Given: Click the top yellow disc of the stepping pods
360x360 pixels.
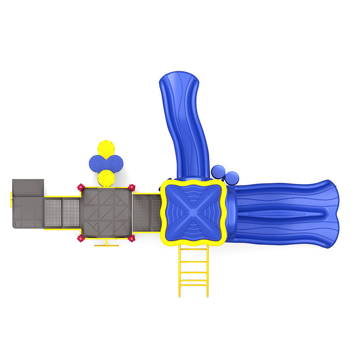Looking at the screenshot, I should coord(106,148).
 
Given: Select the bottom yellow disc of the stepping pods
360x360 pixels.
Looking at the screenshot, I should coord(106,178).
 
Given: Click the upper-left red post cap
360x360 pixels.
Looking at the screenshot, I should coord(81,187).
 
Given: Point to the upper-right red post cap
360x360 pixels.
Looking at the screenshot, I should coord(131,187).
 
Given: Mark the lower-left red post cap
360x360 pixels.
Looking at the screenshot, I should coord(81,238).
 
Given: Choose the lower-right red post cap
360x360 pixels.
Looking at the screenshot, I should coord(131,238).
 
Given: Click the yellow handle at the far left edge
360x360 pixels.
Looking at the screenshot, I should coord(11,199).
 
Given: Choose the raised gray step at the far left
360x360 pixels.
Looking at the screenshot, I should coord(28,187).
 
